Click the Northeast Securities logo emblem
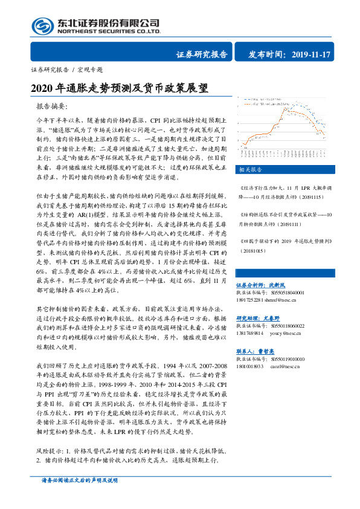pyautogui.click(x=40, y=26)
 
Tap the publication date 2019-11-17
pyautogui.click(x=310, y=54)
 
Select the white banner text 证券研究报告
pyautogui.click(x=202, y=54)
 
